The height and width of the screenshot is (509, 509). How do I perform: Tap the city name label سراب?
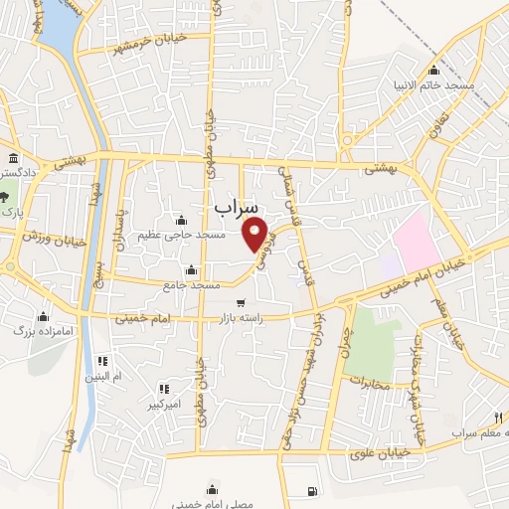(x=236, y=206)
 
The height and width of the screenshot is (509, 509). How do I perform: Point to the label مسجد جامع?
(x=192, y=285)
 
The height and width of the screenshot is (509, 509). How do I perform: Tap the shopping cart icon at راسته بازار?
(x=241, y=303)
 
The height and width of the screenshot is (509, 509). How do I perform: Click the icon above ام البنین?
(x=101, y=361)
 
